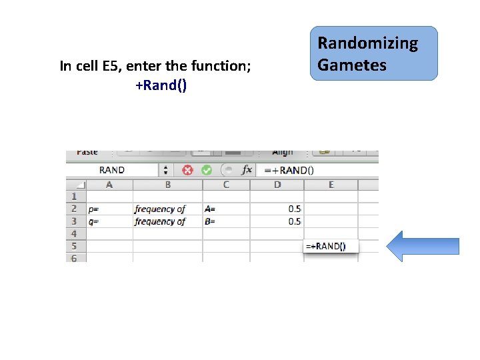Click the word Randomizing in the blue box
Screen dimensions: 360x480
click(367, 44)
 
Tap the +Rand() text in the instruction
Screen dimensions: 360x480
click(161, 85)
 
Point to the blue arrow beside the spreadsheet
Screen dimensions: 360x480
click(423, 246)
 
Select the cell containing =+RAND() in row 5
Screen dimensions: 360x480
click(331, 246)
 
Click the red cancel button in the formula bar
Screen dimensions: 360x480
click(188, 170)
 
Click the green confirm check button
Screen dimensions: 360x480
click(207, 170)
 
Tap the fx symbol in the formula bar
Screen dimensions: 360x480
click(247, 170)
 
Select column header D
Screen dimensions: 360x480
click(277, 185)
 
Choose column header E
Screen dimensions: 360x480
click(331, 185)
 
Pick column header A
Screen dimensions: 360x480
click(109, 185)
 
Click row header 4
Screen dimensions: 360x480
click(74, 234)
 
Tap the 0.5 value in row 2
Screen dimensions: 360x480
click(294, 209)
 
